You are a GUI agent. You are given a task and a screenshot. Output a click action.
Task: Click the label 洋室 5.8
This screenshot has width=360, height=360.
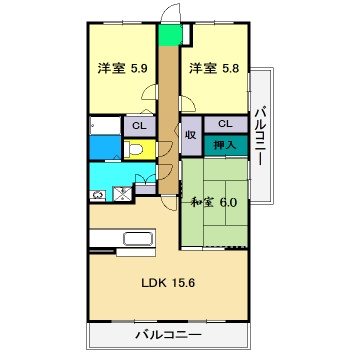click(x=214, y=69)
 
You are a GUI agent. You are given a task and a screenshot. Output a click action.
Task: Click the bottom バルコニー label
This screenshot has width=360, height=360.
click(x=167, y=334)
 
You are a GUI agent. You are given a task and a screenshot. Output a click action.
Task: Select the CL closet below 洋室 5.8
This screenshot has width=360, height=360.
click(x=225, y=124)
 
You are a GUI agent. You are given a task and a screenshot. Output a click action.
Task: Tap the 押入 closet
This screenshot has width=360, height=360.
click(x=225, y=145)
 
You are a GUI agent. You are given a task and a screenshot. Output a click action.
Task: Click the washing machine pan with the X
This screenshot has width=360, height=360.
click(x=122, y=191)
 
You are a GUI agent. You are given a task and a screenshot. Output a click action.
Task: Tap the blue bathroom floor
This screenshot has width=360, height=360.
click(x=103, y=147)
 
